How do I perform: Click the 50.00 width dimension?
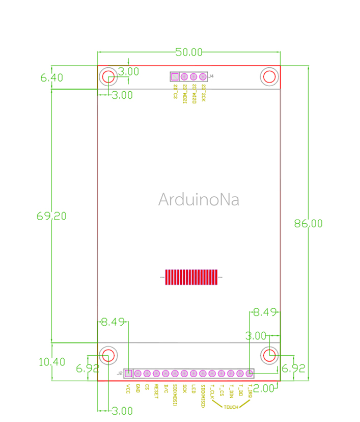click(x=189, y=52)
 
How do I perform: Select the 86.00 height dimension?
click(x=308, y=223)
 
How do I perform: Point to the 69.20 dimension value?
click(x=51, y=216)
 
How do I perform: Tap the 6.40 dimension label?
click(x=51, y=78)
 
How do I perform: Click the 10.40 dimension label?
click(x=51, y=362)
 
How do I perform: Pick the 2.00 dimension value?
click(x=264, y=388)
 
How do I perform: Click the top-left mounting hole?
click(x=108, y=77)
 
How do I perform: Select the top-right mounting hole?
click(x=269, y=77)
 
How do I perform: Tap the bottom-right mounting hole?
click(x=269, y=355)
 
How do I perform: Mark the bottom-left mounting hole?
click(x=108, y=355)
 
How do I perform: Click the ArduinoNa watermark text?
click(x=198, y=199)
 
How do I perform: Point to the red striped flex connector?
click(x=190, y=277)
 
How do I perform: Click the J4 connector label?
click(x=211, y=76)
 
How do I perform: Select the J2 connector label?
click(x=120, y=374)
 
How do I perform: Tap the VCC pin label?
click(x=128, y=388)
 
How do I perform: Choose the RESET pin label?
click(x=156, y=390)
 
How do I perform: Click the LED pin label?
click(x=193, y=388)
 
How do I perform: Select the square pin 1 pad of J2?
click(x=128, y=374)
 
